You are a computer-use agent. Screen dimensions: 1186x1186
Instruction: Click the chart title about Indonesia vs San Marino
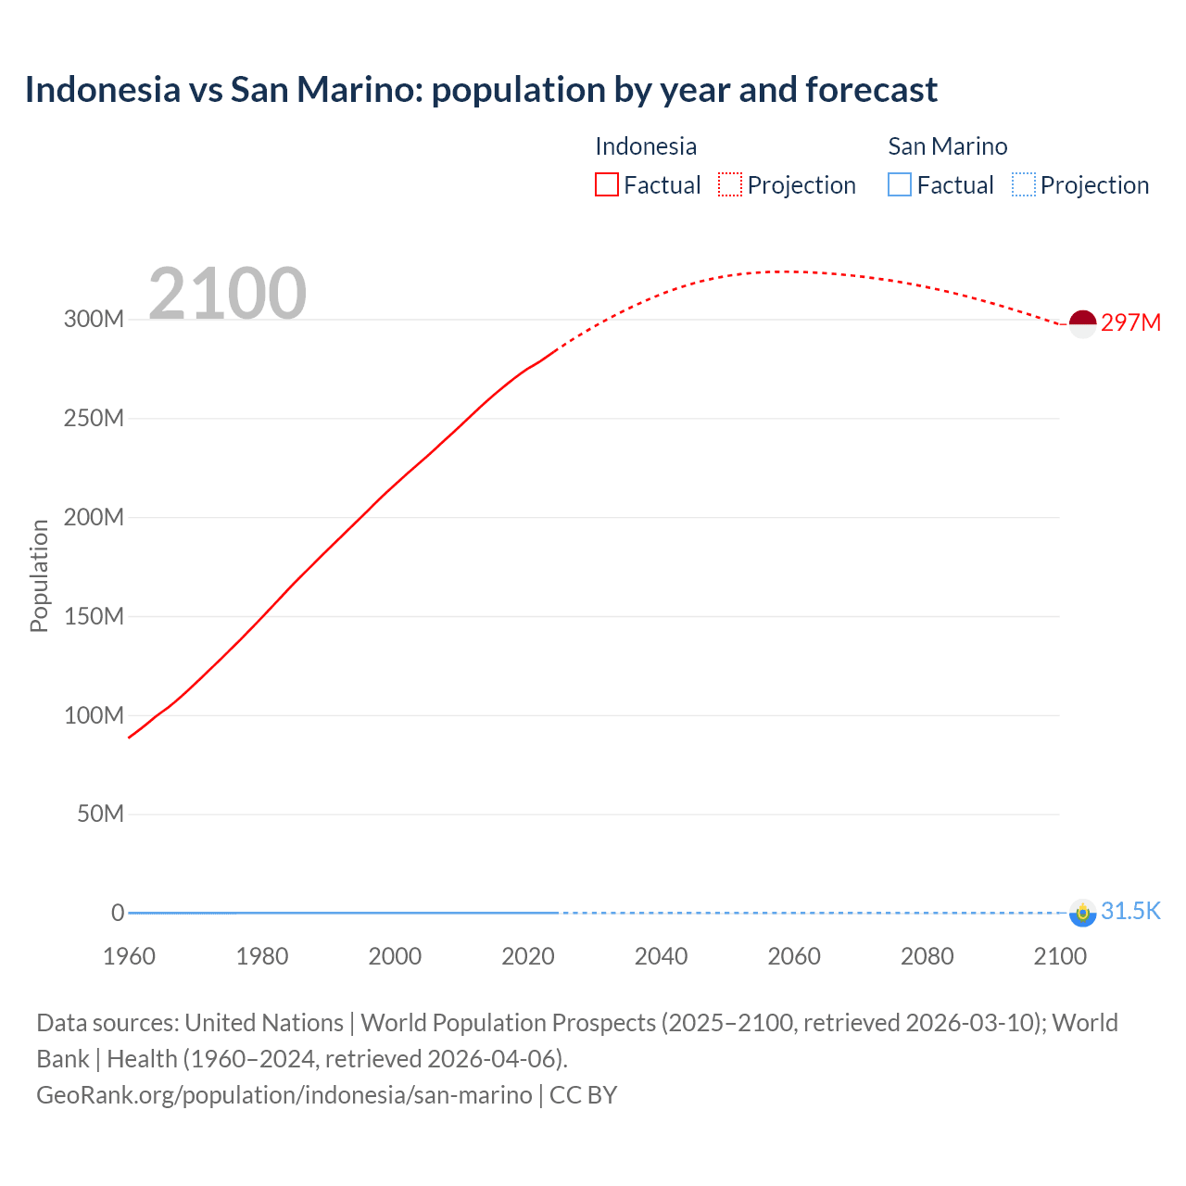click(x=481, y=90)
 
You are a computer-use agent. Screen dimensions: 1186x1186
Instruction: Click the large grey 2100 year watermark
click(x=227, y=294)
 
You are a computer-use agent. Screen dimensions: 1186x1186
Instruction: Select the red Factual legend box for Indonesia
click(x=607, y=184)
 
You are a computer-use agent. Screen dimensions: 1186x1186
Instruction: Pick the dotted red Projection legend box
click(x=730, y=184)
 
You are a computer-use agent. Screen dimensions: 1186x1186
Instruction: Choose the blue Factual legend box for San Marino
click(x=900, y=184)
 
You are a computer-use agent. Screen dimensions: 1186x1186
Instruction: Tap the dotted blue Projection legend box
click(x=1023, y=184)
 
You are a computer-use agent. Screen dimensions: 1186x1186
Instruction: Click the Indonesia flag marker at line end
click(x=1082, y=323)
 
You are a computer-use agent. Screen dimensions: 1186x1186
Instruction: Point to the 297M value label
click(x=1130, y=322)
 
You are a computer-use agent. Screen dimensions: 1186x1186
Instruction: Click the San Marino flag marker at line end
click(x=1082, y=913)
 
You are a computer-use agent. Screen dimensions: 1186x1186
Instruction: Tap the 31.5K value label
click(x=1130, y=911)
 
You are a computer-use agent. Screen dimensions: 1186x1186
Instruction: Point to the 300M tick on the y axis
click(x=94, y=319)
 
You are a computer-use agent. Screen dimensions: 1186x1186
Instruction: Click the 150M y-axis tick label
click(x=94, y=616)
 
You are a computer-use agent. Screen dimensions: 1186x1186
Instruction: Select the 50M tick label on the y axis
click(x=100, y=814)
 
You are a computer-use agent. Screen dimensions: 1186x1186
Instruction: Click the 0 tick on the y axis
click(x=118, y=913)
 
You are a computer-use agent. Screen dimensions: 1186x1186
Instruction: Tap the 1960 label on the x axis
click(x=129, y=956)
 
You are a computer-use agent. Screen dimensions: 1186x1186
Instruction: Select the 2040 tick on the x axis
click(x=661, y=956)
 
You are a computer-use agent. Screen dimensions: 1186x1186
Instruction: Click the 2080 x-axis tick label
click(x=927, y=956)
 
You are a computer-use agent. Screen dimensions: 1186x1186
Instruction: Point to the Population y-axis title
click(x=39, y=575)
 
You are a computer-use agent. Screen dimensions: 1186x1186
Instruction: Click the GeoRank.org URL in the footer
click(x=284, y=1095)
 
